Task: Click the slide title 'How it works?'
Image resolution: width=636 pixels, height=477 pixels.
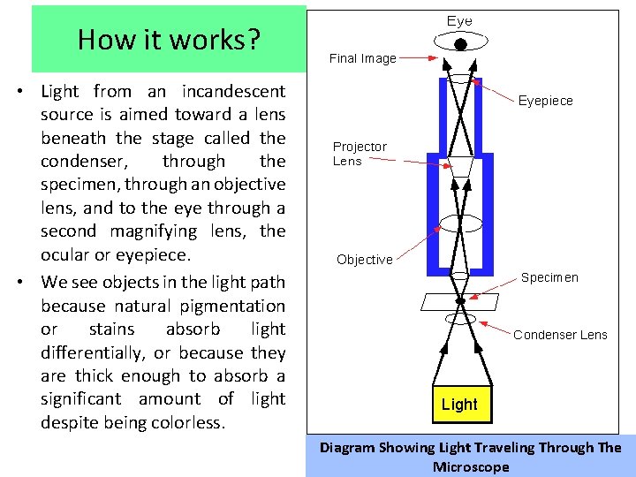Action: [x=168, y=40]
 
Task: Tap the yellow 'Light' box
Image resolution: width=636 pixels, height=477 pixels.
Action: [x=459, y=405]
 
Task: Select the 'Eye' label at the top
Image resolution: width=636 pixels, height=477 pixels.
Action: [x=459, y=21]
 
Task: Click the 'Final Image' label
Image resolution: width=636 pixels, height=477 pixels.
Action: [x=363, y=58]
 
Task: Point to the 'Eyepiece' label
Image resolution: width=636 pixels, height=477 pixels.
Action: [x=545, y=101]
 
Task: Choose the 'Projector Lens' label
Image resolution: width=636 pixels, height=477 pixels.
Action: [x=360, y=154]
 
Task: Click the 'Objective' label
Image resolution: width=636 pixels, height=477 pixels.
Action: [x=364, y=260]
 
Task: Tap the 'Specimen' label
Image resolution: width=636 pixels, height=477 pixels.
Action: [x=549, y=277]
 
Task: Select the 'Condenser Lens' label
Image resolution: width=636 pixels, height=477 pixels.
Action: [x=560, y=335]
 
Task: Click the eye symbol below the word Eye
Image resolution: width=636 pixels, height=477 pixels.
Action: [x=459, y=42]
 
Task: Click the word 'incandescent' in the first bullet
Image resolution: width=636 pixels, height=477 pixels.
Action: [x=233, y=91]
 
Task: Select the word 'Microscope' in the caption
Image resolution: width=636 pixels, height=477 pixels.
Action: [x=471, y=466]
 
